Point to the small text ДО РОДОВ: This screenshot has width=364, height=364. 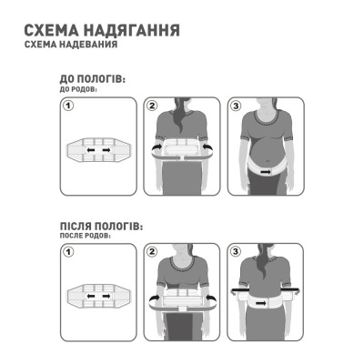[78, 91]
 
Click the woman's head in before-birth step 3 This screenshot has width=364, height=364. [268, 107]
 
